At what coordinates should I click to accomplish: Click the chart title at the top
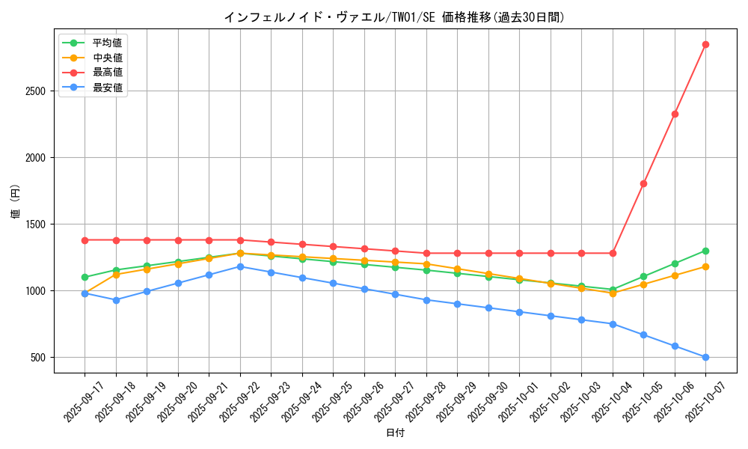(x=394, y=17)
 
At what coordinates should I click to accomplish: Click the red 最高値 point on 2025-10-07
(x=705, y=44)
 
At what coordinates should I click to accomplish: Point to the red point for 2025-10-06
(x=675, y=114)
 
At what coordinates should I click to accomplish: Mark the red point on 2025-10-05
(x=643, y=183)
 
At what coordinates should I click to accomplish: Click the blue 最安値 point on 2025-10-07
(x=705, y=357)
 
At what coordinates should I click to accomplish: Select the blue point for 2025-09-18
(x=116, y=300)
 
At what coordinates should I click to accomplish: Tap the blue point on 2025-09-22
(x=240, y=266)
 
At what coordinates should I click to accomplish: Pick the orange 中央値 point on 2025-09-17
(x=85, y=294)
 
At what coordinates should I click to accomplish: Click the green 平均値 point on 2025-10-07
(x=705, y=251)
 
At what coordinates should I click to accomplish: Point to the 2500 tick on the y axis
(x=36, y=91)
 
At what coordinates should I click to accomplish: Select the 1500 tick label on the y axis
(x=36, y=224)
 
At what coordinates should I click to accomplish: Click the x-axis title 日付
(x=395, y=433)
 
